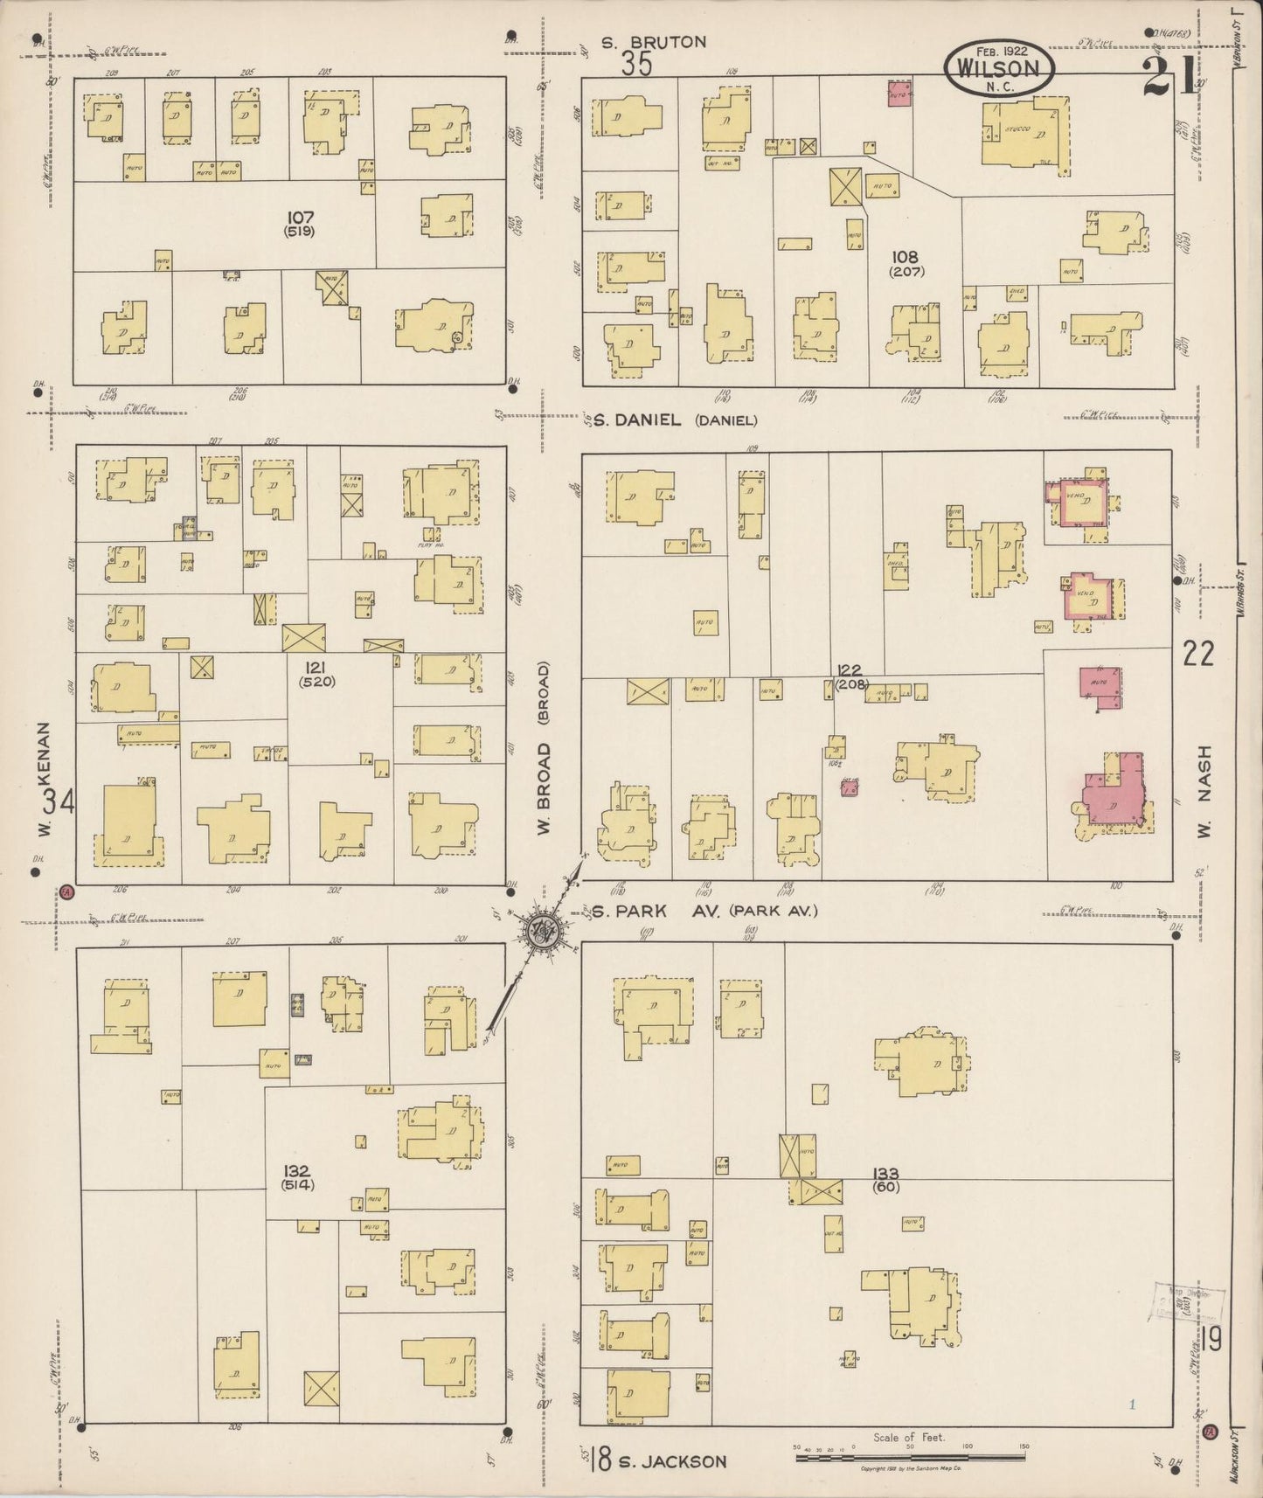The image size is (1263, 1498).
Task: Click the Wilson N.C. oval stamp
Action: [999, 66]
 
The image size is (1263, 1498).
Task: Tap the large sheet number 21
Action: [1167, 77]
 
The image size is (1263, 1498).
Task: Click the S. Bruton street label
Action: [654, 42]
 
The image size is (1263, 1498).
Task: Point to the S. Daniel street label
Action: [636, 420]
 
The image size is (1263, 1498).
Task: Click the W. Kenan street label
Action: [45, 780]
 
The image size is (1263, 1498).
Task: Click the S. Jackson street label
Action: [671, 1461]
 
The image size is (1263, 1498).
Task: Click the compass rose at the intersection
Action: [543, 928]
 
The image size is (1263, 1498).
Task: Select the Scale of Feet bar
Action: [909, 1455]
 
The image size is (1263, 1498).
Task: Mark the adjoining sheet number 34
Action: [59, 800]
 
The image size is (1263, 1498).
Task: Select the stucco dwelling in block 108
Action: [1025, 132]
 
